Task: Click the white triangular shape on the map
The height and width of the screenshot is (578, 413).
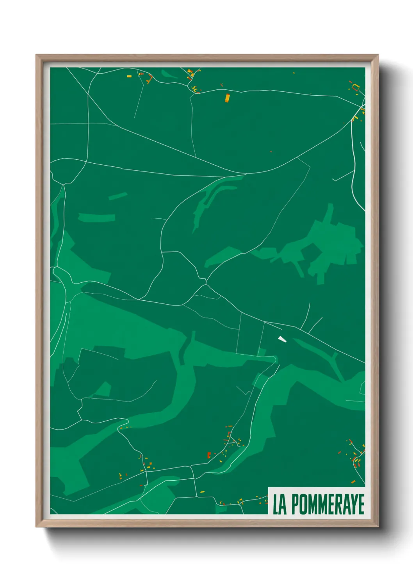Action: [282, 339]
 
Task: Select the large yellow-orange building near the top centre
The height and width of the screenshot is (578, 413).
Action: [227, 98]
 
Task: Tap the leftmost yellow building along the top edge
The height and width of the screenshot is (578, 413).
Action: [129, 76]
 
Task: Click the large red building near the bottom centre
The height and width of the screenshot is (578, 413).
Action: [209, 455]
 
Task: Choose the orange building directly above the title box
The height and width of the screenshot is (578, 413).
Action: [353, 482]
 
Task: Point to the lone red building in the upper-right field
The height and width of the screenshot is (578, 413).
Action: [271, 151]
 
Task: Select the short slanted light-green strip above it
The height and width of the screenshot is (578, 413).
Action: [117, 196]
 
